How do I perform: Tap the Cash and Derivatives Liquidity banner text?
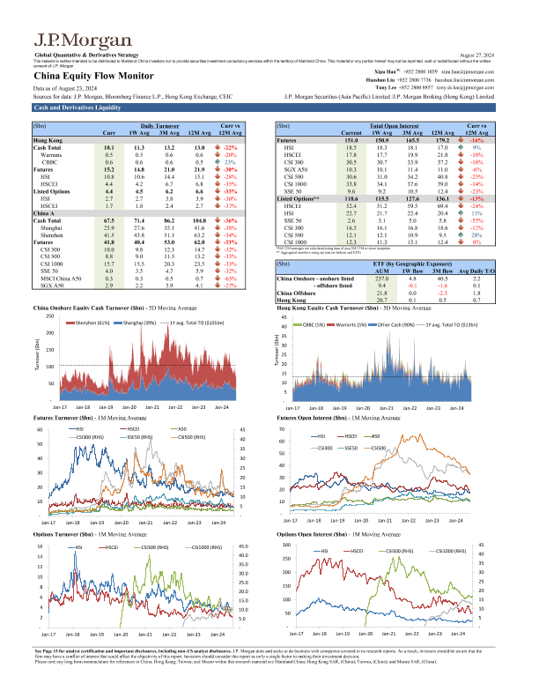[70, 108]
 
